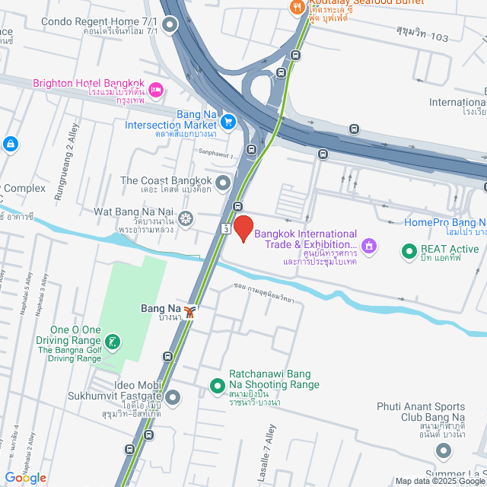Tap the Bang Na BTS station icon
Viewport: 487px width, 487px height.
point(190,310)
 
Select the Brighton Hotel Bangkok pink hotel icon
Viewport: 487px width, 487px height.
point(156,91)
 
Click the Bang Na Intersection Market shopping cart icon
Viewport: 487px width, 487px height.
point(228,120)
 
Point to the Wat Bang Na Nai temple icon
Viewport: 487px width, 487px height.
point(185,220)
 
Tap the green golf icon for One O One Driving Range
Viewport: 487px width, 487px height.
point(113,342)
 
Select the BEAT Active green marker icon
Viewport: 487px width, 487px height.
point(409,249)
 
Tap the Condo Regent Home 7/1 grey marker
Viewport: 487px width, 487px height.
point(170,27)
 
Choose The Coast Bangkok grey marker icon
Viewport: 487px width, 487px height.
point(222,183)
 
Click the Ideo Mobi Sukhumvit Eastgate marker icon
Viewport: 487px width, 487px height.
point(173,396)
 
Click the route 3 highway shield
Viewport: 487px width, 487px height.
point(226,228)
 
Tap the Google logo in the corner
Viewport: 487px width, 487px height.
point(25,478)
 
